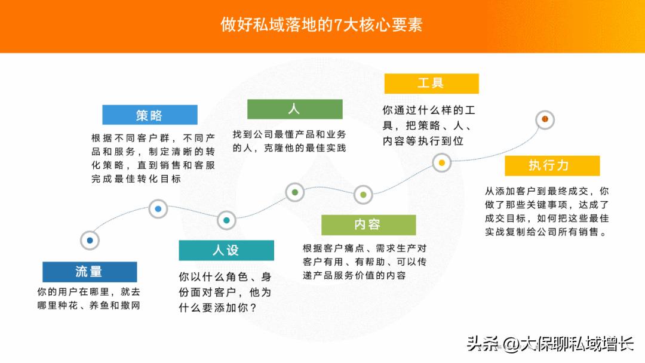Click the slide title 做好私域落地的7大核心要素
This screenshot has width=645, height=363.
pos(322,25)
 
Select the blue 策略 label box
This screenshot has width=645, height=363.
pos(149,115)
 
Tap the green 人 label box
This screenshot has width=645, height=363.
pos(294,109)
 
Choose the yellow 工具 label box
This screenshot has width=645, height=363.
pos(431,84)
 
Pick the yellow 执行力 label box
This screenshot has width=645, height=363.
pos(552,165)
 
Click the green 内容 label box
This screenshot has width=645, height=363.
pos(368,224)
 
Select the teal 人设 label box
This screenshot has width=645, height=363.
pos(226,250)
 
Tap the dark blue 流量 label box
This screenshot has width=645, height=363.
pos(90,272)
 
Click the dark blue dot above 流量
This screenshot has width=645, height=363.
pos(90,240)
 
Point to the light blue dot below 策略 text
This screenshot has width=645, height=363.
pos(158,209)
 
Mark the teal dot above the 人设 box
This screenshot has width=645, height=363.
pos(226,220)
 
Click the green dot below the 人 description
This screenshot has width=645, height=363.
pos(295,192)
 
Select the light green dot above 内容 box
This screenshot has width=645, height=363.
pos(363,194)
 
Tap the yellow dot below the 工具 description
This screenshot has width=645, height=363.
pos(441,162)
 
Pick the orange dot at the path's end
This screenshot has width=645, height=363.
pos(545,119)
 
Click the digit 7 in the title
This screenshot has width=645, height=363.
pos(338,26)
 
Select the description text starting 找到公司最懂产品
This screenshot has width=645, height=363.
pos(290,141)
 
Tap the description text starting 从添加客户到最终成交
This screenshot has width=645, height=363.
pos(546,211)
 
